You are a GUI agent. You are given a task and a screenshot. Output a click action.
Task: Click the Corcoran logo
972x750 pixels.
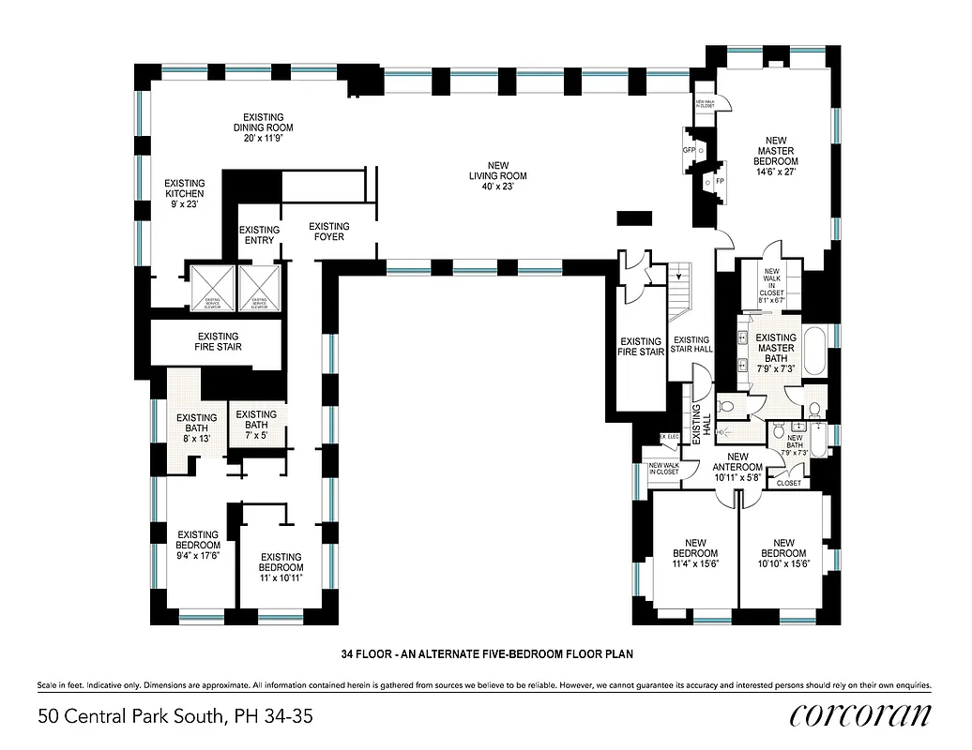click(860, 715)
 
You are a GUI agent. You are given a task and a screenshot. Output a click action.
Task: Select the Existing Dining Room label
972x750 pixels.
click(263, 127)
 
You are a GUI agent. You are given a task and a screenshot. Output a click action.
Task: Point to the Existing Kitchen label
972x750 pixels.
click(184, 193)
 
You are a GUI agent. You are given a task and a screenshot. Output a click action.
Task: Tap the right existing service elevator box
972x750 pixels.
click(260, 288)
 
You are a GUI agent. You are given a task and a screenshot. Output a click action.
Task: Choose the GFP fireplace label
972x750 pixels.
click(688, 150)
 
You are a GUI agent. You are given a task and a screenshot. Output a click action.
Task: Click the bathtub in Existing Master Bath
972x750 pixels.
click(814, 353)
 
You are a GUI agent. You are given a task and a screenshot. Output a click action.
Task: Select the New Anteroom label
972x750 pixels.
click(737, 467)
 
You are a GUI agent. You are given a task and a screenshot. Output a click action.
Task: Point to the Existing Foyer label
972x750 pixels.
click(329, 232)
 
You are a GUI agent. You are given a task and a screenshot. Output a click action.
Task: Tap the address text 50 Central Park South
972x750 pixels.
click(175, 717)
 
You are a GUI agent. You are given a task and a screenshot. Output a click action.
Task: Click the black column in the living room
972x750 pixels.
click(634, 217)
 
